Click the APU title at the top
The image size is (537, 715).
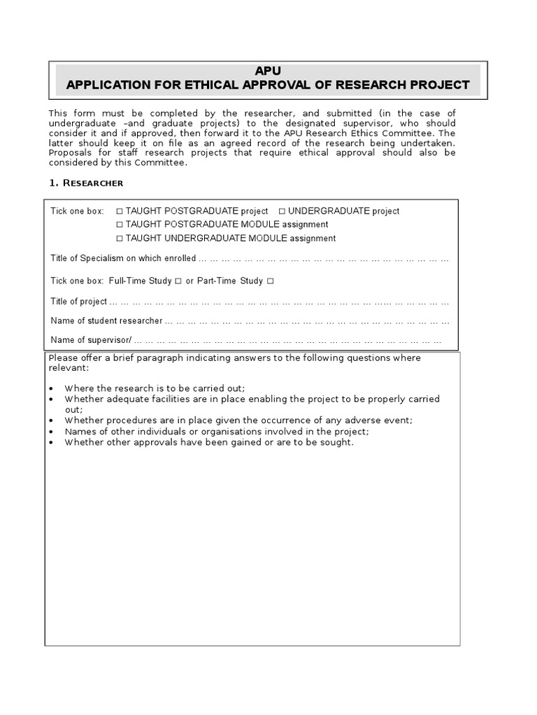click(x=268, y=71)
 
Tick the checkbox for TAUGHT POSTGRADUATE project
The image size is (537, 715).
click(x=120, y=211)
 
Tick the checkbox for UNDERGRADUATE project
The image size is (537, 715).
click(x=282, y=211)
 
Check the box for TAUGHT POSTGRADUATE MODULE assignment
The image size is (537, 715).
click(x=120, y=225)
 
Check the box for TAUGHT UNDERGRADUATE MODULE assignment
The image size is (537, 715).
click(x=120, y=239)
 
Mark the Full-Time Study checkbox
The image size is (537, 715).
click(x=179, y=281)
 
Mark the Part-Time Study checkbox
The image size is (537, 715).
click(x=271, y=281)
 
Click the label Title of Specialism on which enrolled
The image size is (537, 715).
click(x=123, y=259)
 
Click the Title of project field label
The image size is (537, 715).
click(x=79, y=302)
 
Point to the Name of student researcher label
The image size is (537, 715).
click(x=106, y=321)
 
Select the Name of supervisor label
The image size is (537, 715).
click(x=91, y=341)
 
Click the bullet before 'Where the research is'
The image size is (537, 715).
click(x=53, y=389)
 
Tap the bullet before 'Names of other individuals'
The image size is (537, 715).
click(x=53, y=432)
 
